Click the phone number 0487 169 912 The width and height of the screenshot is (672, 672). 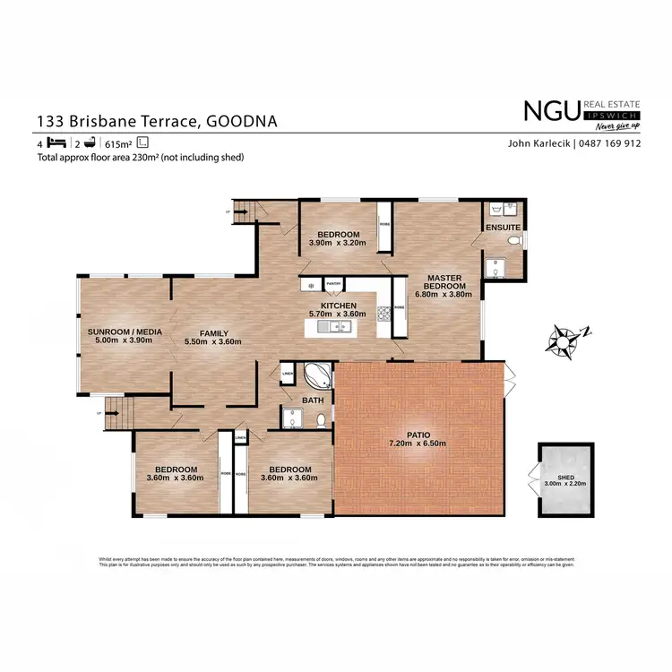[608, 143]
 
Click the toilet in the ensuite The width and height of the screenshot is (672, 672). [513, 241]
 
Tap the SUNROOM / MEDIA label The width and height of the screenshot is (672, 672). [125, 332]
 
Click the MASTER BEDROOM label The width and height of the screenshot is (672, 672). [444, 282]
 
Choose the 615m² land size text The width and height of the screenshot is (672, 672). [117, 143]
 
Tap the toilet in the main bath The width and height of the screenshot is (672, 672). [320, 417]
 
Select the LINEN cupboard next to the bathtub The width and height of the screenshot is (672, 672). [287, 374]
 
